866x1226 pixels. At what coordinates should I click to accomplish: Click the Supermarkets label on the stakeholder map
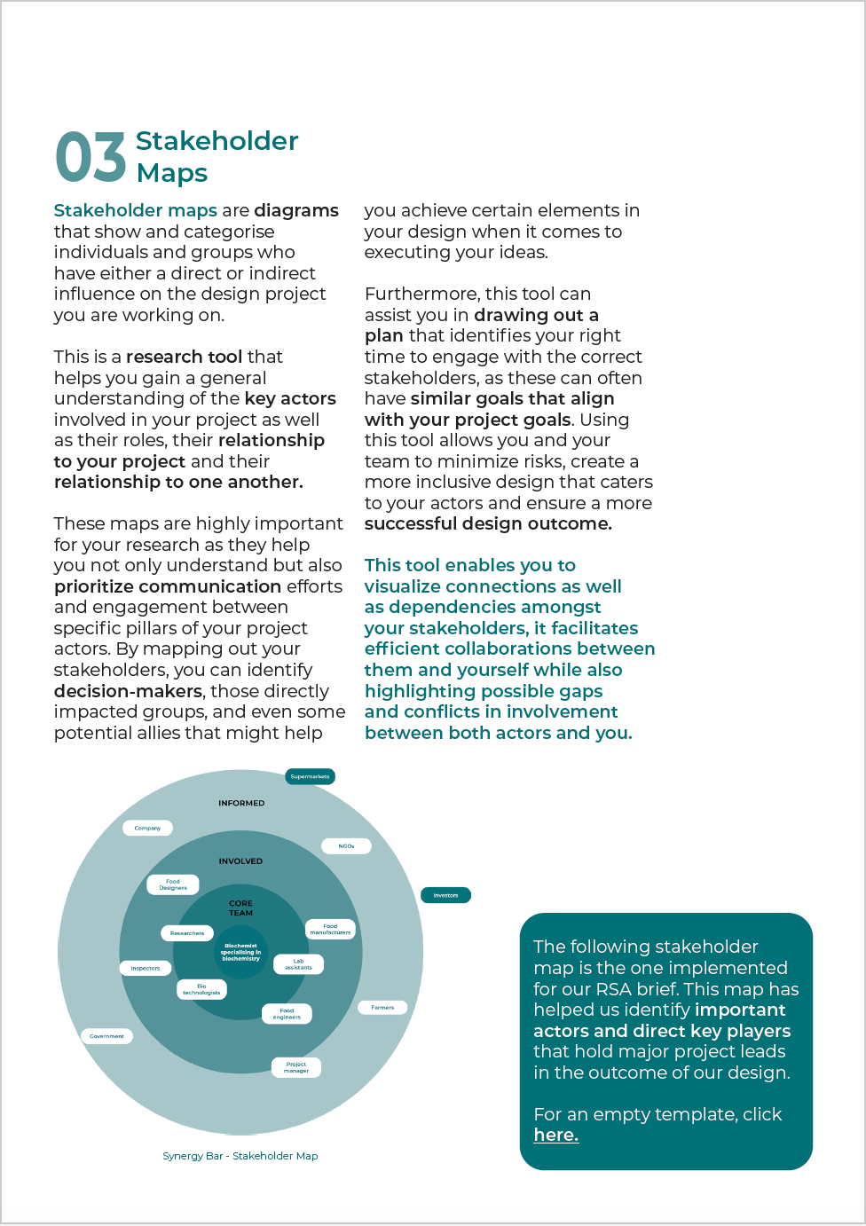point(310,777)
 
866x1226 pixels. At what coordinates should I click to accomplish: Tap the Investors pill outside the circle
point(445,895)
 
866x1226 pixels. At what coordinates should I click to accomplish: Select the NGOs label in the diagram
point(346,846)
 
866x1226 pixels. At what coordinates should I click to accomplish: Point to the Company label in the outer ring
point(147,828)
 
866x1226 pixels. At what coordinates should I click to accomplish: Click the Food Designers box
point(173,884)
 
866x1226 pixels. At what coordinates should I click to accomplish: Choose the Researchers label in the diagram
point(187,933)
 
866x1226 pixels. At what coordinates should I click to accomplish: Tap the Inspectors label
point(146,968)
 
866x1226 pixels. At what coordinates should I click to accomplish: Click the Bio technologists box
point(201,990)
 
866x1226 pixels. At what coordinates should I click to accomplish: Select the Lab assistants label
point(298,964)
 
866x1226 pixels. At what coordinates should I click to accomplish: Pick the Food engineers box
point(287,1014)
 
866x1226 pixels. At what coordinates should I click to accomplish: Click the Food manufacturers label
point(330,929)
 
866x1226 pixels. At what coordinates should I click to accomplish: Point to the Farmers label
point(382,1007)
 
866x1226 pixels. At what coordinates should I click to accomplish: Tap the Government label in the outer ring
point(106,1036)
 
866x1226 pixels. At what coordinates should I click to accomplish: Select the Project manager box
point(296,1067)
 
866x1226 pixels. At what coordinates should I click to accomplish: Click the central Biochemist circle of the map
point(240,952)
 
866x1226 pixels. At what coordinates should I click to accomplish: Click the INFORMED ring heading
point(241,803)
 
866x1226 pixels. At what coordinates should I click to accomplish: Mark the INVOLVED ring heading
point(240,861)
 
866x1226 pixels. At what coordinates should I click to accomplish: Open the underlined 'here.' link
point(555,1135)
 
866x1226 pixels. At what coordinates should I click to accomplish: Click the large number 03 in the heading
point(91,158)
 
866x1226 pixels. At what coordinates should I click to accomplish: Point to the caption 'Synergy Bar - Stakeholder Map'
point(240,1156)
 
